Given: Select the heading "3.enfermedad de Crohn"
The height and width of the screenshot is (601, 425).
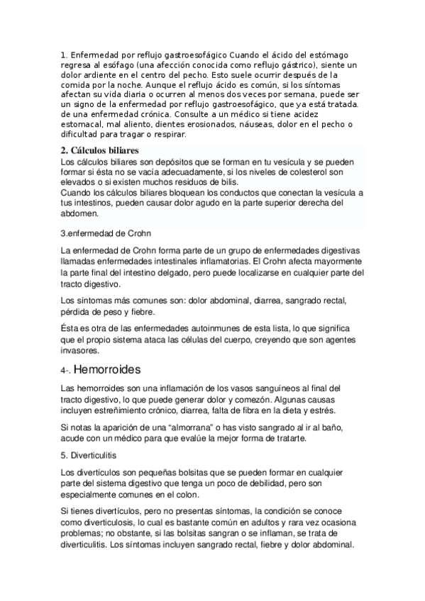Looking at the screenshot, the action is point(106,233).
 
